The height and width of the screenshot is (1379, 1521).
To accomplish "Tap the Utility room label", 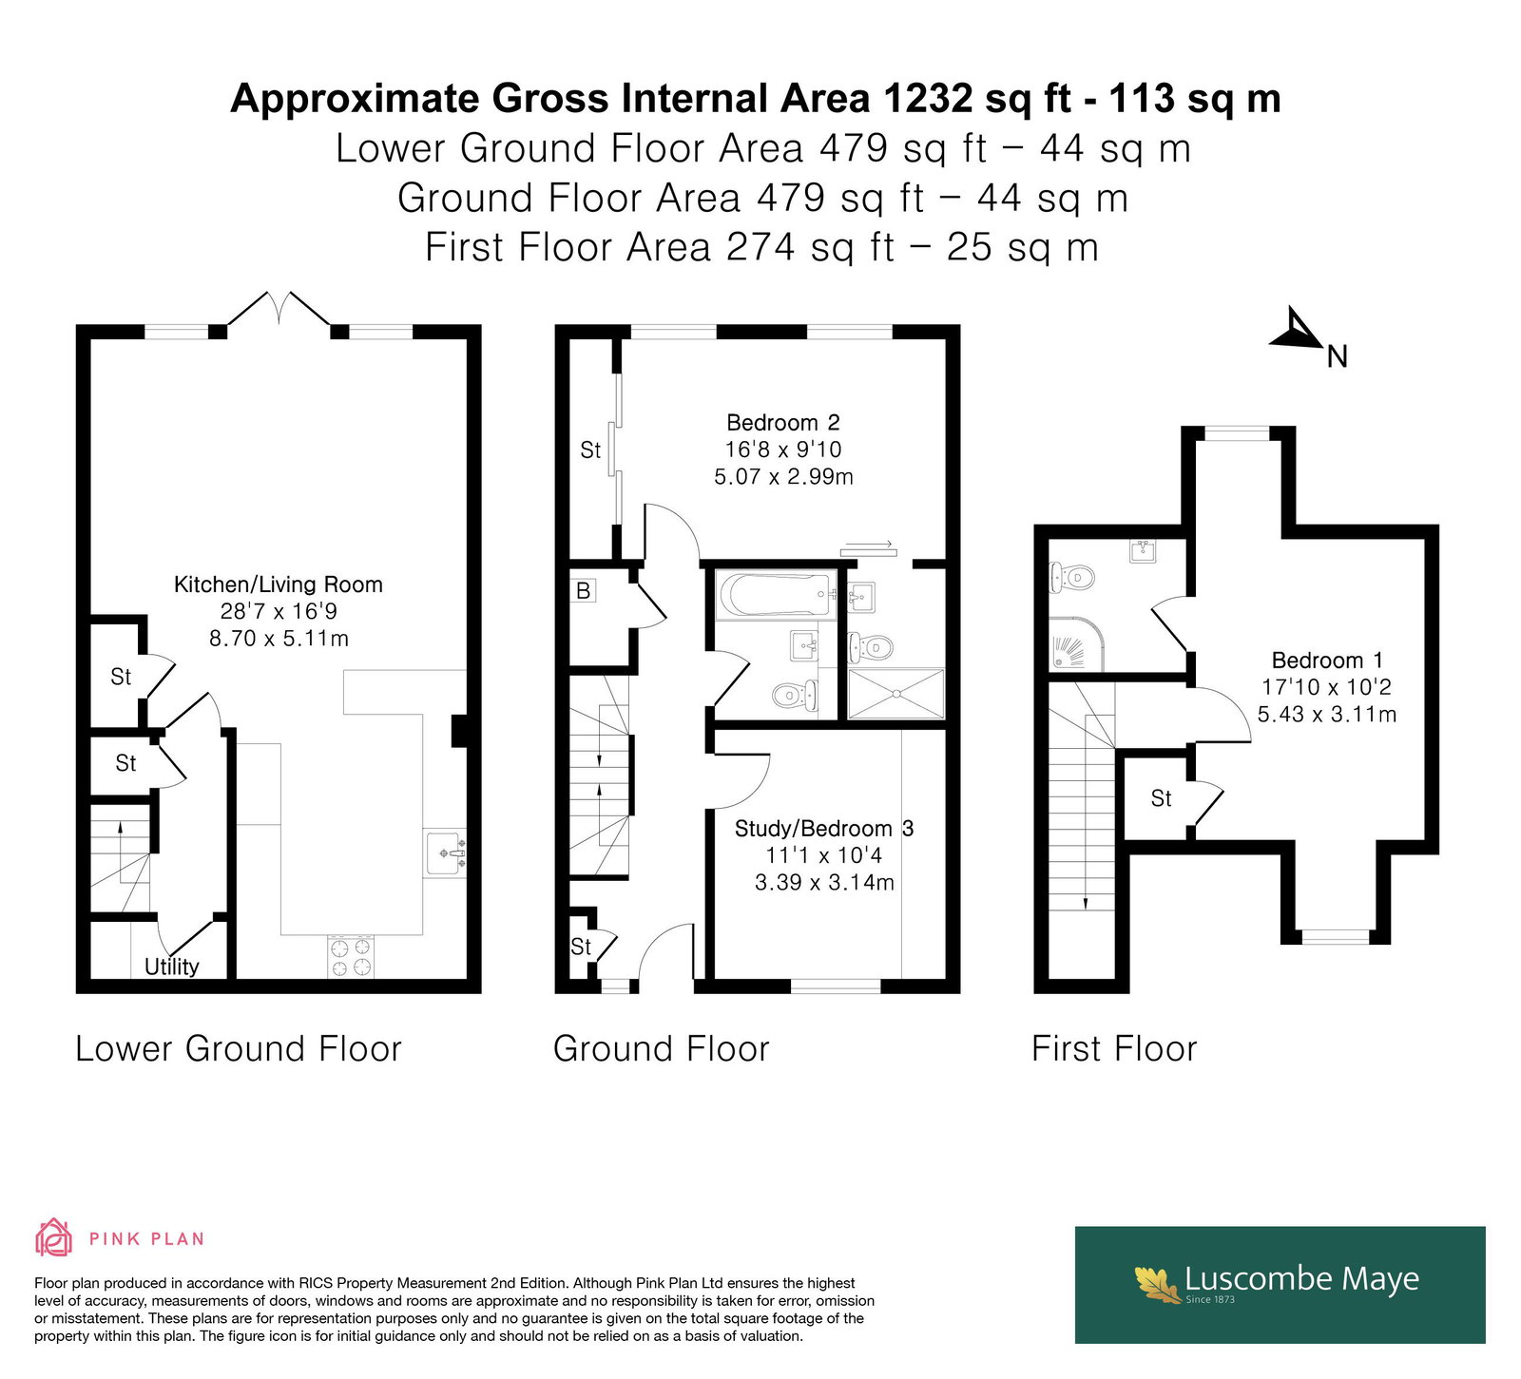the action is pos(172,967).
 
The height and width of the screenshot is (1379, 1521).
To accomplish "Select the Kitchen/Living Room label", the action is pos(279,584).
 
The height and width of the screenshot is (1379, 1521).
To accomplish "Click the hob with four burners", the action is pos(352,957).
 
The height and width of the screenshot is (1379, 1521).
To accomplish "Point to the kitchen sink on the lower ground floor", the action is pos(446,852).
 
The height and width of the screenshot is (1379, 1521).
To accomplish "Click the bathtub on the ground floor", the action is pos(776,595).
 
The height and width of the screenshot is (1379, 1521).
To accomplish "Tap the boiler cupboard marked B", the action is pos(584,590).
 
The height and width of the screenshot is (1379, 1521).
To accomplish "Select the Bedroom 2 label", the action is pos(783,423).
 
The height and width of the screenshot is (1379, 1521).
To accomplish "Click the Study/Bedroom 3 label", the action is pos(824,829).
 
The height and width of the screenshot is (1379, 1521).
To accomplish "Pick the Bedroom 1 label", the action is pos(1327,661).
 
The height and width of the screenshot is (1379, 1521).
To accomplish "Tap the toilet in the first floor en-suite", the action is pos(1071,577).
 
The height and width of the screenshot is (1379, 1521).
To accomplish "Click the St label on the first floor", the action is pos(1162,798).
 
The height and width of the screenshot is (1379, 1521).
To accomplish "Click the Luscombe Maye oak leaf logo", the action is pos(1158,1283).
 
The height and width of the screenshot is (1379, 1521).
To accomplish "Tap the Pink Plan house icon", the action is pos(53,1237).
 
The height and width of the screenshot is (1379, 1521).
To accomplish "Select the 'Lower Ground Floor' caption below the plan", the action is pos(239,1049).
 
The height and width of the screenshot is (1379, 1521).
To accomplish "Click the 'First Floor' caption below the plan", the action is pos(1114,1049).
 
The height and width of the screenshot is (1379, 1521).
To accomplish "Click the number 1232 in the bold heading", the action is pos(929,98).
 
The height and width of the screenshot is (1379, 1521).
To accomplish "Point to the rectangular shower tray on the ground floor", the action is pos(896,694).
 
